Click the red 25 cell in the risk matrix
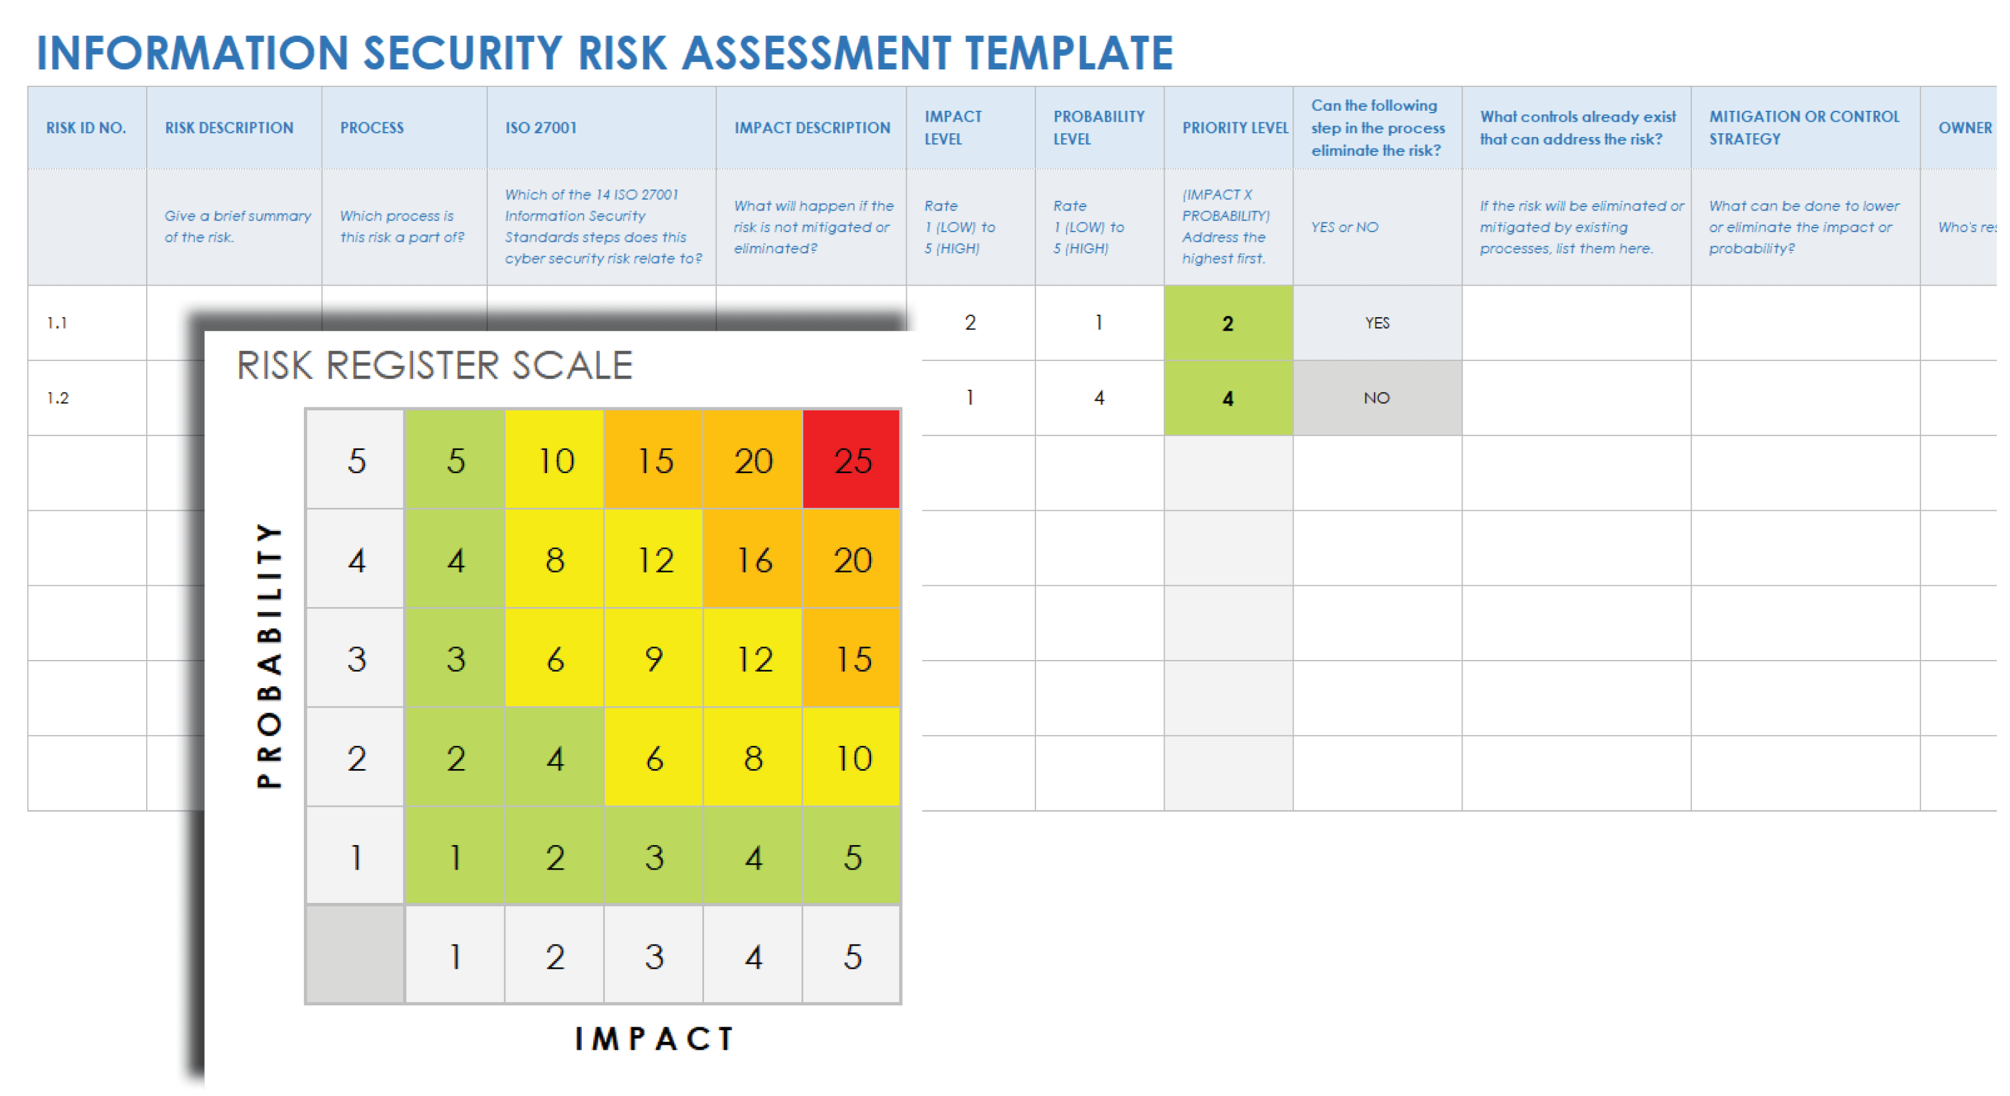coord(852,460)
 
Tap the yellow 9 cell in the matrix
coord(654,659)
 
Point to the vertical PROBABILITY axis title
coord(269,655)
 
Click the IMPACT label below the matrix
coord(654,1038)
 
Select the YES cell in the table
coord(1377,323)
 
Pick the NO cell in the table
coord(1377,398)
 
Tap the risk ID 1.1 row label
coord(57,323)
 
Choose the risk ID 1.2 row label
coord(58,398)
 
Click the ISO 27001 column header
coord(541,128)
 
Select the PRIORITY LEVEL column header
coord(1235,128)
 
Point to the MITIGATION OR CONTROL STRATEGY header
coord(1804,128)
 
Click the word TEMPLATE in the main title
coord(1068,53)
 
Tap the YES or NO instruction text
coord(1344,227)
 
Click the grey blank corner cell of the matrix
coord(355,955)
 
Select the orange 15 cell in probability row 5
coord(654,460)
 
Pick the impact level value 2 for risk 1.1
coord(969,323)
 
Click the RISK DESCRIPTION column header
coord(228,128)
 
